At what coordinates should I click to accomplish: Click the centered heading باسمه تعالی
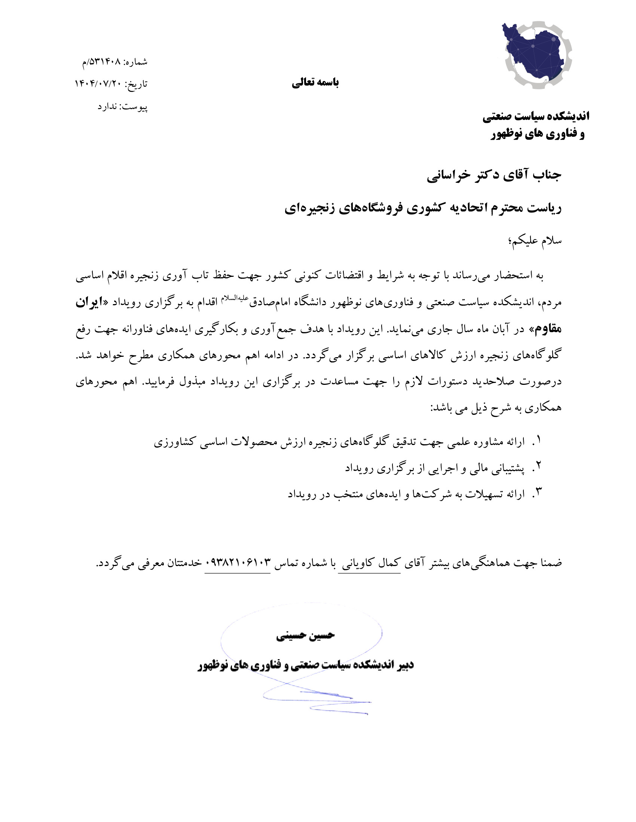point(315,83)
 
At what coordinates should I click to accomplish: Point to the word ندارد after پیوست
point(107,107)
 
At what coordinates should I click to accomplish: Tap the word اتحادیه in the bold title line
point(466,208)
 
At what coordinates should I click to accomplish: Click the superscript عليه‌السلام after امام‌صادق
point(234,298)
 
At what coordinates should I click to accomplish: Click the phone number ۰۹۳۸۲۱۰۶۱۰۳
point(238,563)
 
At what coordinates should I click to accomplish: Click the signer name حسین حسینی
point(305,636)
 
